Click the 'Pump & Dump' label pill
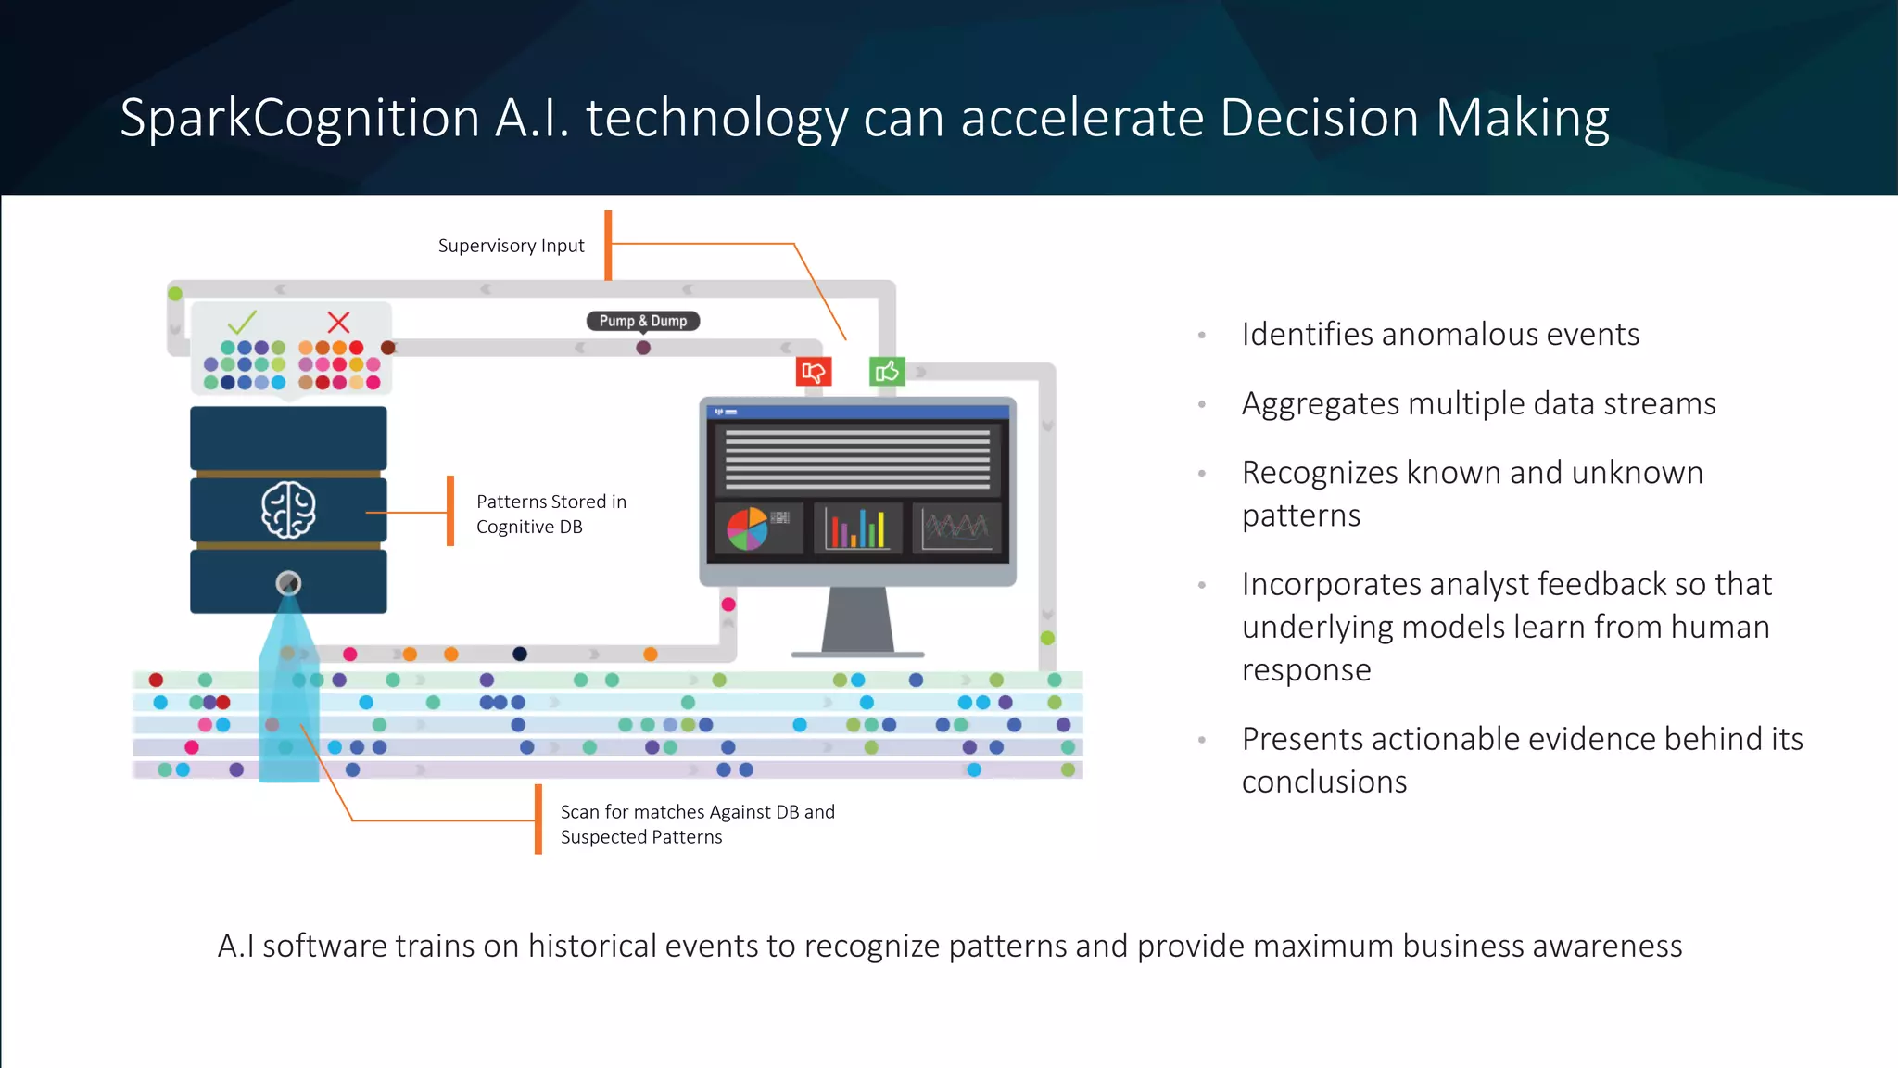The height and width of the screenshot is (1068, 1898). tap(643, 321)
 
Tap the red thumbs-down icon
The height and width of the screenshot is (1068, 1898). tap(814, 372)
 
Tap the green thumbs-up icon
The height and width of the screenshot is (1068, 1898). tap(887, 372)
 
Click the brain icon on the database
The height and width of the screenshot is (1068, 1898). tap(288, 510)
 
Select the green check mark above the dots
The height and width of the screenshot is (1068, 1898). tap(242, 322)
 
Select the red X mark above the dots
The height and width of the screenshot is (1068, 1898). tap(339, 322)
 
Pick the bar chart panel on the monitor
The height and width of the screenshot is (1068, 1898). tap(858, 528)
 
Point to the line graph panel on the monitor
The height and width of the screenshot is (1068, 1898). tap(956, 528)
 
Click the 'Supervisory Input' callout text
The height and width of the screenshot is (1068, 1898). tap(511, 246)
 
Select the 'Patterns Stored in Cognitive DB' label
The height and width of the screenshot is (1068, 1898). tap(550, 514)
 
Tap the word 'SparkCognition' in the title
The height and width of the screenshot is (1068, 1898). tap(299, 119)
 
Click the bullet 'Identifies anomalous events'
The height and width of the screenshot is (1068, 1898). tap(1440, 334)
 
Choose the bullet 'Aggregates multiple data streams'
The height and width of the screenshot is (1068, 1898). tap(1478, 403)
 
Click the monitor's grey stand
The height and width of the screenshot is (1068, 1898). tap(857, 620)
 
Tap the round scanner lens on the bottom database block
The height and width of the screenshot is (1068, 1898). tap(288, 583)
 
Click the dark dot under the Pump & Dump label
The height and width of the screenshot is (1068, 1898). tap(643, 348)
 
